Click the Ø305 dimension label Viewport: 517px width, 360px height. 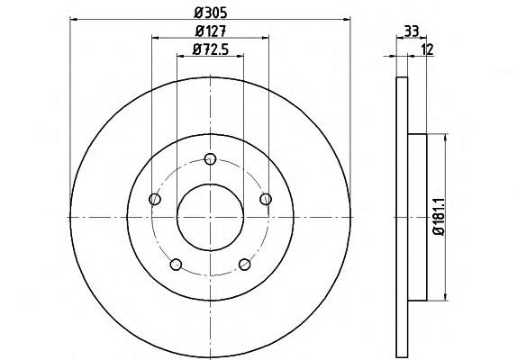pos(211,13)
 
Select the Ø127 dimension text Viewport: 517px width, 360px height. pos(211,31)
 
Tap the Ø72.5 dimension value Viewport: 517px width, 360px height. pos(211,49)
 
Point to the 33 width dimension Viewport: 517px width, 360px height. pos(411,31)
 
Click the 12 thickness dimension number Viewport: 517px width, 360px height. pos(427,49)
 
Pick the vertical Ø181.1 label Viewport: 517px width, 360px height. pos(440,217)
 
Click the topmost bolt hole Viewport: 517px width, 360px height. pos(210,159)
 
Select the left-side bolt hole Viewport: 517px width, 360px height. pos(155,199)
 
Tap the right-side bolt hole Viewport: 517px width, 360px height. pos(266,199)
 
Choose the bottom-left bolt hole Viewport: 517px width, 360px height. pos(176,265)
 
